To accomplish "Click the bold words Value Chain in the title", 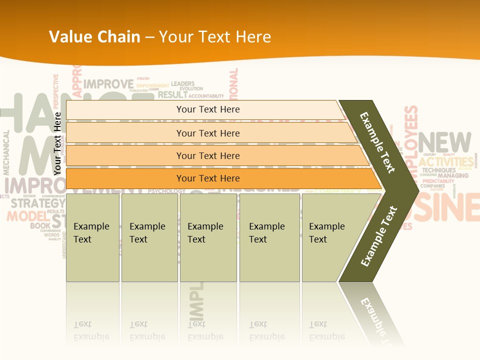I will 94,37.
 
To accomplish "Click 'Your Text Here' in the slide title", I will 215,37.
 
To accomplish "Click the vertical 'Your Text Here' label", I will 58,143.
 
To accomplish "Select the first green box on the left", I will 92,237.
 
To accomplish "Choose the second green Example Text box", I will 149,237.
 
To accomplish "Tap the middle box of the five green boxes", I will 208,237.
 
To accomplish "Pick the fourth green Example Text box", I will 269,237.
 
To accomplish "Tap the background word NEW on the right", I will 444,142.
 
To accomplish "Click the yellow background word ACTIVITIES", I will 446,162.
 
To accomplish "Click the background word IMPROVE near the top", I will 108,84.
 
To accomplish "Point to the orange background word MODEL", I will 25,216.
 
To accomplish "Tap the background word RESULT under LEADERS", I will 172,94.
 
